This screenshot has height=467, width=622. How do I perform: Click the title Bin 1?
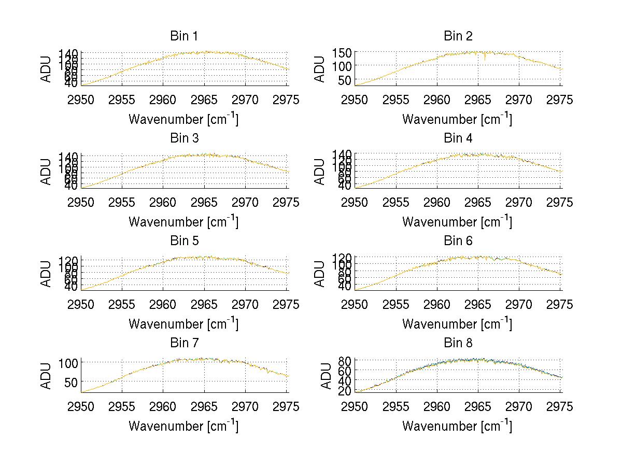[183, 36]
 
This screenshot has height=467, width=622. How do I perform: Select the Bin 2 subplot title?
[458, 36]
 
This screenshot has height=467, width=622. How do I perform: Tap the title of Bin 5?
[183, 241]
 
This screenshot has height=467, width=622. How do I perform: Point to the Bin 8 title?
[458, 343]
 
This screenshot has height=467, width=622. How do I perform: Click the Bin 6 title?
[458, 241]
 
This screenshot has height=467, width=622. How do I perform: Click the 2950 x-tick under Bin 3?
[81, 202]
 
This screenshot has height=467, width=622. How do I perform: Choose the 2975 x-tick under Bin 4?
[560, 202]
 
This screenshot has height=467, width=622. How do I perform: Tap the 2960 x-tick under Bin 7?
[163, 407]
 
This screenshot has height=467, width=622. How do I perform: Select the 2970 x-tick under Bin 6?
[519, 305]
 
